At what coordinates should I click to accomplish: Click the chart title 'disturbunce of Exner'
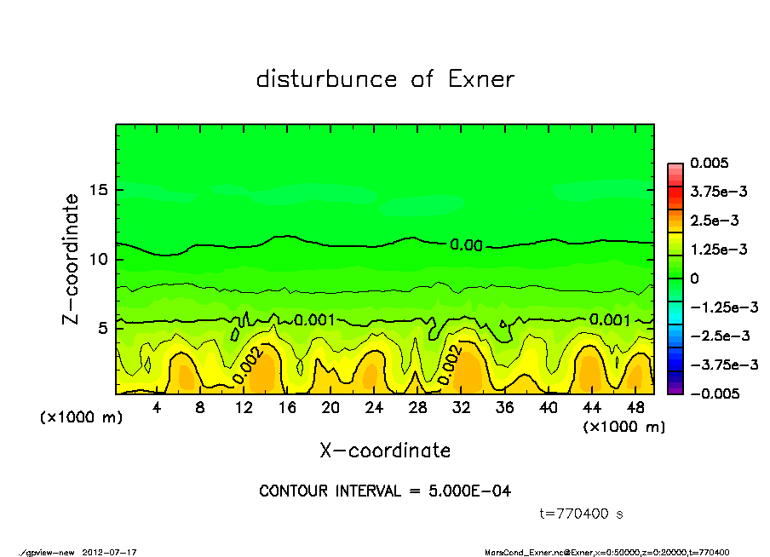[x=385, y=79]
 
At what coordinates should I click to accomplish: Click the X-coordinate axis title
[x=385, y=451]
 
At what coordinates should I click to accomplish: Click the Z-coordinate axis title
[x=72, y=259]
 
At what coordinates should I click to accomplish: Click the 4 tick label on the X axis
[x=157, y=408]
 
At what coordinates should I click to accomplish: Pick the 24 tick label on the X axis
[x=374, y=408]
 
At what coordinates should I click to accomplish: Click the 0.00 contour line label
[x=466, y=245]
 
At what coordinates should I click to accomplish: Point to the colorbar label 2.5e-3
[x=715, y=221]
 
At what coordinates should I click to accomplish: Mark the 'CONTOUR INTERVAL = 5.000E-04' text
[x=385, y=491]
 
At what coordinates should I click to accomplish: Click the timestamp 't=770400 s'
[x=583, y=514]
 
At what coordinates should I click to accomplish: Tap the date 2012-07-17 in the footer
[x=110, y=552]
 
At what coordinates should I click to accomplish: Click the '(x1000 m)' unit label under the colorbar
[x=623, y=427]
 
